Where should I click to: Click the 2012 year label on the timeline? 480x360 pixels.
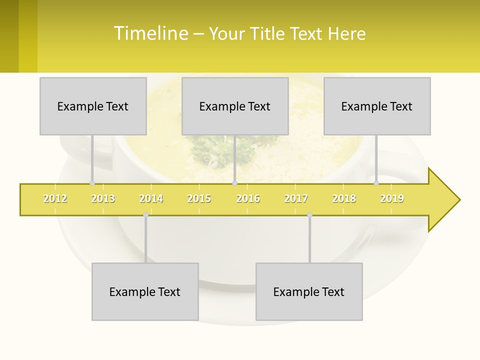pyautogui.click(x=55, y=198)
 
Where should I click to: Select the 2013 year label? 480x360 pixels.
pyautogui.click(x=103, y=198)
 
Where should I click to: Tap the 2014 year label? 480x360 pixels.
pyautogui.click(x=151, y=198)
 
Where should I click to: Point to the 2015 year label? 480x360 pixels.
pyautogui.click(x=199, y=198)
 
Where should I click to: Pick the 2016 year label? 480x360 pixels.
pyautogui.click(x=248, y=198)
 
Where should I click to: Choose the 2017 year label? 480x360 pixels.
pyautogui.click(x=296, y=198)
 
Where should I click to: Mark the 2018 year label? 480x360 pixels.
pyautogui.click(x=344, y=198)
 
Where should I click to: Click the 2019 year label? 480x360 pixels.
pyautogui.click(x=392, y=198)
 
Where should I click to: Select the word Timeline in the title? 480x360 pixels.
pyautogui.click(x=150, y=33)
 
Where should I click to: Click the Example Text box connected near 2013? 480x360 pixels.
pyautogui.click(x=93, y=106)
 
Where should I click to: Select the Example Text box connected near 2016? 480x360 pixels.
pyautogui.click(x=235, y=106)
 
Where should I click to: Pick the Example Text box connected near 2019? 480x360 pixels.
pyautogui.click(x=377, y=106)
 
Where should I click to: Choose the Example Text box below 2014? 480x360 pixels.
pyautogui.click(x=145, y=291)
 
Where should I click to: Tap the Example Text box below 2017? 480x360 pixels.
pyautogui.click(x=309, y=291)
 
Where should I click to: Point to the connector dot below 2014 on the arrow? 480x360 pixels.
pyautogui.click(x=145, y=215)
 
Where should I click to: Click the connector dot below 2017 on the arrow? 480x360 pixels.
pyautogui.click(x=309, y=215)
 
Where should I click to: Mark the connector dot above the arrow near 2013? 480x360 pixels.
pyautogui.click(x=92, y=183)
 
